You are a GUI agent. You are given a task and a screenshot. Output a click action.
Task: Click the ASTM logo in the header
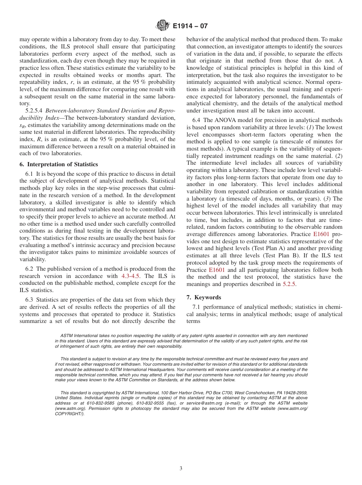coord(163,26)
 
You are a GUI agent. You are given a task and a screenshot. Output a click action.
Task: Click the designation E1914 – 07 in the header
coord(190,26)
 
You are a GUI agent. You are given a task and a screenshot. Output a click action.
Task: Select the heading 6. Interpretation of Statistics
coord(58,164)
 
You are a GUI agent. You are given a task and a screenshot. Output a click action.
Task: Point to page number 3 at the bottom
coord(181,469)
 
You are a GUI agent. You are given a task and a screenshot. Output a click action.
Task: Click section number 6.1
coord(29,174)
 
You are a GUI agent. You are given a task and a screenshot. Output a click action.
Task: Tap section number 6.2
coord(29,269)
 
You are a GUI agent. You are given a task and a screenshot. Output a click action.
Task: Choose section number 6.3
coord(29,300)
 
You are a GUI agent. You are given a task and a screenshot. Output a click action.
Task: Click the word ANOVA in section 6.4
coord(227,120)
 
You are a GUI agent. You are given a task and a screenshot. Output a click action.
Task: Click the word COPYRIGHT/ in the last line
coord(69,414)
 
